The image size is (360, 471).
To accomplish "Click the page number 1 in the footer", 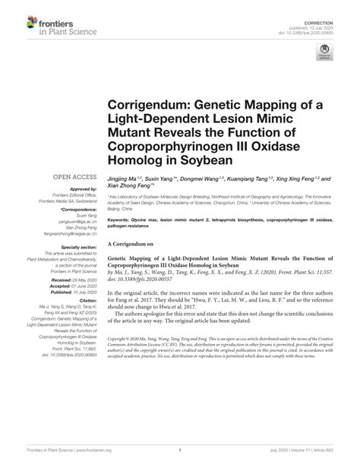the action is pyautogui.click(x=179, y=450).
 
